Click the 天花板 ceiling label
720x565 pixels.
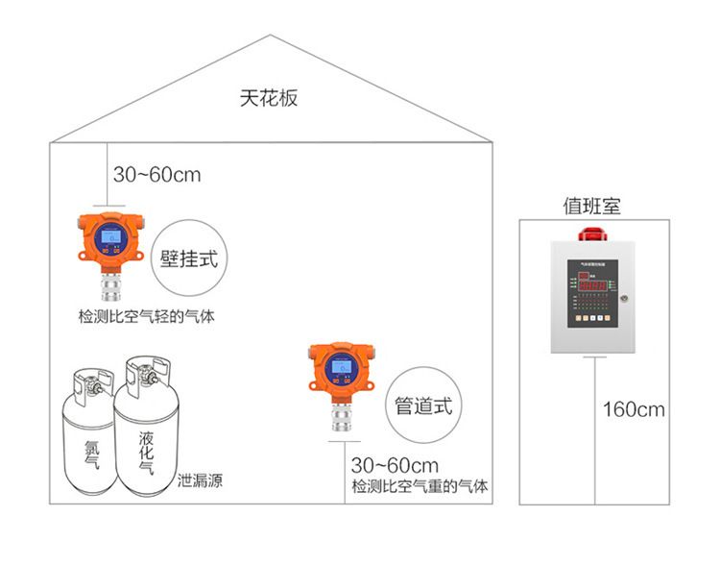(x=269, y=98)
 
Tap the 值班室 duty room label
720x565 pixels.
(x=591, y=206)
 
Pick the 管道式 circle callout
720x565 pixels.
(x=422, y=405)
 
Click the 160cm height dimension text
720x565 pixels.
(x=634, y=409)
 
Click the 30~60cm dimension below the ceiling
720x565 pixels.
(x=157, y=175)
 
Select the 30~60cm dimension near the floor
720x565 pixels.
(x=395, y=466)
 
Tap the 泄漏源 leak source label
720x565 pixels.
(x=200, y=480)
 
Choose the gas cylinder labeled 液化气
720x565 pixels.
(x=145, y=442)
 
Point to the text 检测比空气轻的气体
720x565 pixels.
(x=146, y=316)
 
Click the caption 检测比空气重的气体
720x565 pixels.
(x=420, y=486)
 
